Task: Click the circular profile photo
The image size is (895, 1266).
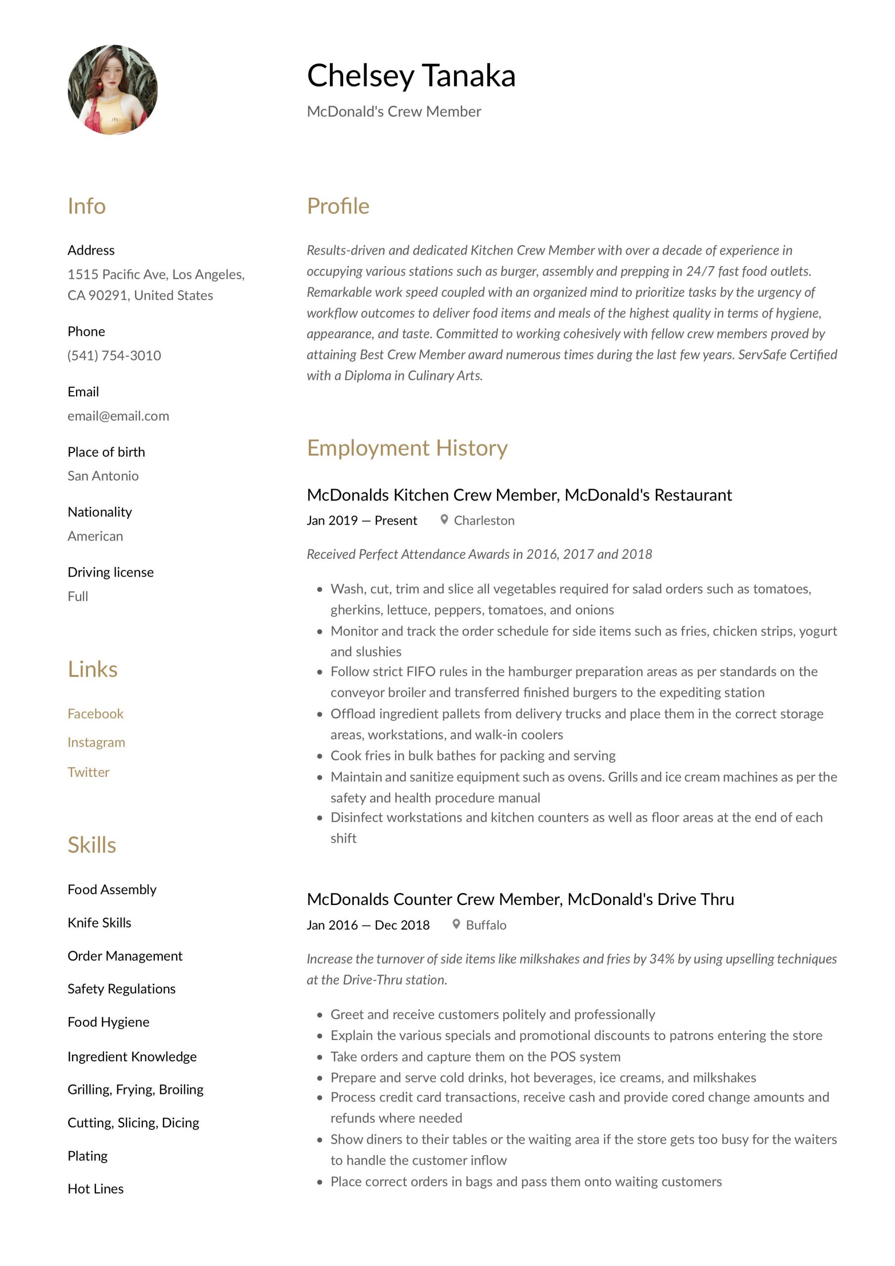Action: point(113,90)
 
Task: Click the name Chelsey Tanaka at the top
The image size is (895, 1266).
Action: point(411,76)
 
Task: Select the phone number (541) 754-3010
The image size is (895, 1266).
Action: point(114,356)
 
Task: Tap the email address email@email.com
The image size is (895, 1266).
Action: point(118,416)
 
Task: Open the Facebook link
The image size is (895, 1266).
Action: point(95,714)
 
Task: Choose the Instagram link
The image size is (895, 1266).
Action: point(96,742)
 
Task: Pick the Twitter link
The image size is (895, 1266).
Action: point(88,772)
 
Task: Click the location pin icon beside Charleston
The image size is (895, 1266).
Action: point(444,519)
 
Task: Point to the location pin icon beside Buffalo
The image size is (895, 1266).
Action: point(456,924)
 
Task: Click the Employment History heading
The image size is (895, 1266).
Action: point(407,448)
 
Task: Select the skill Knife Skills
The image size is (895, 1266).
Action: point(99,922)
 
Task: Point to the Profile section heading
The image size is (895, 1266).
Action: point(338,206)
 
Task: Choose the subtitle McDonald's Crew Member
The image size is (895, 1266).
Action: point(394,111)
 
